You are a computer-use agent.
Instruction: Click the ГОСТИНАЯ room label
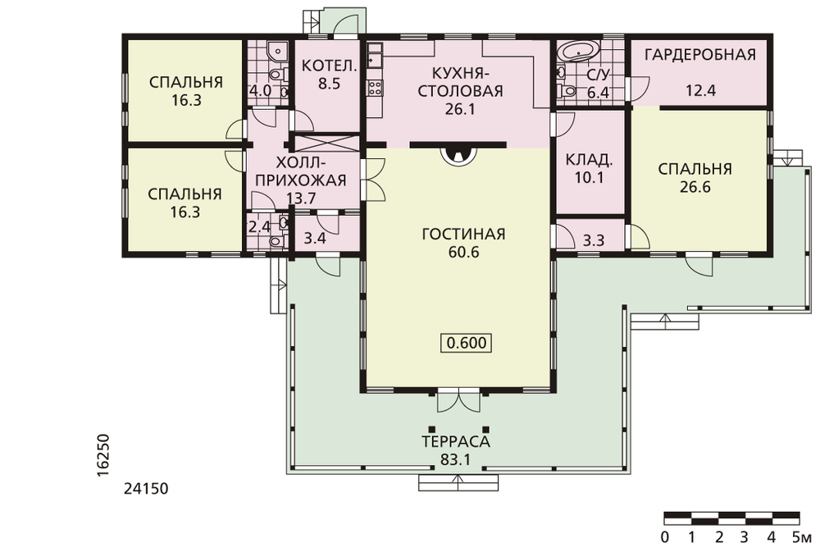coord(463,233)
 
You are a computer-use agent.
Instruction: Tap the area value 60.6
coord(463,252)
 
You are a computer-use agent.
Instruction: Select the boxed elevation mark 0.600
coord(467,343)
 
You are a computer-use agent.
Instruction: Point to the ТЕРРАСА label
coord(457,441)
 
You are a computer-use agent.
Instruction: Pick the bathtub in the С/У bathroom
coord(579,51)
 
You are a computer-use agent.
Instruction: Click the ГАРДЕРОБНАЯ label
coord(700,54)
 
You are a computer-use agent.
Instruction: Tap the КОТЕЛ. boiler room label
coord(330,66)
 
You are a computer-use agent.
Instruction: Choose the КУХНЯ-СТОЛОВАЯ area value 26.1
coord(460,109)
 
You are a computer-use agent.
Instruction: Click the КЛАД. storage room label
coord(590,159)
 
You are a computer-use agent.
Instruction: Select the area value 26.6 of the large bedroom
coord(695,187)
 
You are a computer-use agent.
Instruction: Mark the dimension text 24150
coord(147,489)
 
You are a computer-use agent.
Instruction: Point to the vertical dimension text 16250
coord(103,454)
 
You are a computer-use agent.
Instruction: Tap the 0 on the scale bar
coord(664,537)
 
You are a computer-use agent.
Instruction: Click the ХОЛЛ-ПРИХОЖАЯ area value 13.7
coord(302,198)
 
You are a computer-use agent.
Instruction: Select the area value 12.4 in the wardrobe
coord(700,90)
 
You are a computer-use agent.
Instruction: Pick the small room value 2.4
coord(259,227)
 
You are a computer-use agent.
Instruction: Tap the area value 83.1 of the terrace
coord(456,460)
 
